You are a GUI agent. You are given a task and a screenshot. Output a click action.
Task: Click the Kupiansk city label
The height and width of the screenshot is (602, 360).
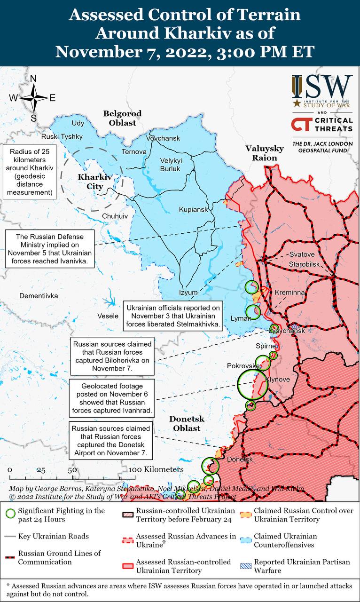(x=193, y=209)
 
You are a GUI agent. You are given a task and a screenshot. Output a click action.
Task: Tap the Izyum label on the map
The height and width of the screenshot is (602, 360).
(x=188, y=292)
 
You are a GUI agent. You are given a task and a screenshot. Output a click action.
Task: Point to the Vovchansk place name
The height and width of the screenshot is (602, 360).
(x=163, y=138)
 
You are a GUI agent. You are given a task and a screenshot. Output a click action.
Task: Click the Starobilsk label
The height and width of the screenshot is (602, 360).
(x=305, y=264)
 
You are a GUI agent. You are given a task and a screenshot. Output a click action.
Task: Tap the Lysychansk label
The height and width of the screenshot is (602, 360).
(x=287, y=331)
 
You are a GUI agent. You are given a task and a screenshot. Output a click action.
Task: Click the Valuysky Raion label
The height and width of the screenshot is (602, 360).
(x=264, y=153)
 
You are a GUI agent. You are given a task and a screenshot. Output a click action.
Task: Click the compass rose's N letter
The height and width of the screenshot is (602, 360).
(x=33, y=79)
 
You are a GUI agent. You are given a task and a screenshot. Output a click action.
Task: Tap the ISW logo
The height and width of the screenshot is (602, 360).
(x=322, y=87)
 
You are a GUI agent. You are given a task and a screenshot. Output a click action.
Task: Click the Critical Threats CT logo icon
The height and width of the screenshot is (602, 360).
(x=301, y=125)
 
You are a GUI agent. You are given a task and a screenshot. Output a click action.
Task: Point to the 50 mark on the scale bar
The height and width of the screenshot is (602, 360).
(x=72, y=470)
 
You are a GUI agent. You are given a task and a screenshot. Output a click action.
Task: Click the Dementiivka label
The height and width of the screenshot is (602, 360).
(x=39, y=296)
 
